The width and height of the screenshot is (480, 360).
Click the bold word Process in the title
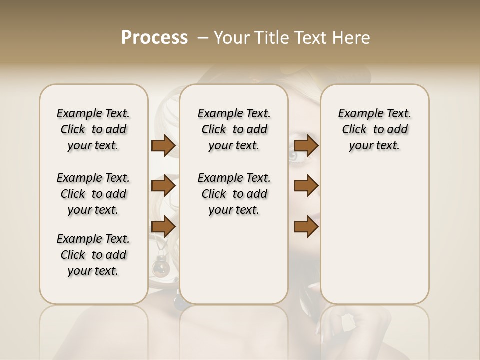click(x=154, y=38)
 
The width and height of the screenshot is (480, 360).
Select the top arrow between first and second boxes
click(x=163, y=146)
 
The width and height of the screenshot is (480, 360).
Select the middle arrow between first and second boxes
click(x=163, y=186)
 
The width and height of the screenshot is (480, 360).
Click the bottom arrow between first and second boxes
click(x=163, y=226)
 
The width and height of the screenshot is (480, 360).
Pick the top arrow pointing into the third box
click(x=306, y=146)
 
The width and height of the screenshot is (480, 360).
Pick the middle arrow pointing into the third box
click(x=306, y=186)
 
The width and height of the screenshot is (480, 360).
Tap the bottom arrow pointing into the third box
click(x=306, y=226)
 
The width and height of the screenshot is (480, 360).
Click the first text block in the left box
click(x=93, y=129)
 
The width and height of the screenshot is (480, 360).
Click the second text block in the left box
click(x=93, y=194)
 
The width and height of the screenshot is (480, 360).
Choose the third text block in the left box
click(x=93, y=255)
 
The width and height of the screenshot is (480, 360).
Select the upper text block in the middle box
click(x=234, y=129)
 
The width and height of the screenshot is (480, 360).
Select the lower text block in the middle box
click(x=234, y=194)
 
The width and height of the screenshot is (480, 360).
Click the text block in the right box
click(x=374, y=129)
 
